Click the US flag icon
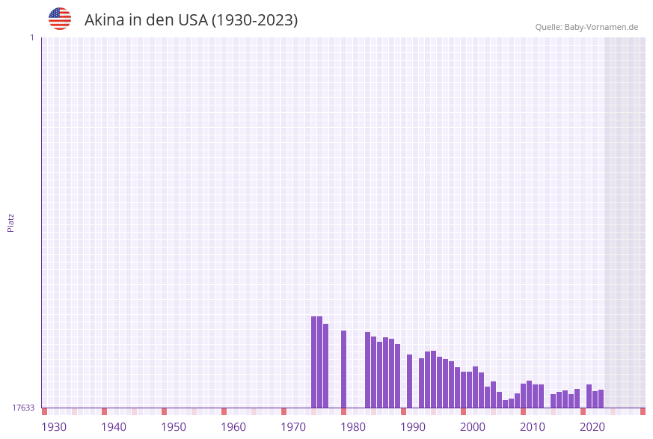tap(60, 19)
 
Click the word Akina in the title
tap(104, 20)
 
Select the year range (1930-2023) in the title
tap(254, 20)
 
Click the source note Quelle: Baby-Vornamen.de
tap(586, 27)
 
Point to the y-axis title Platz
tap(11, 222)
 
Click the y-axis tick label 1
tap(31, 37)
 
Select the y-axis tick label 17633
tap(23, 408)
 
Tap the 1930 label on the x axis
tap(54, 427)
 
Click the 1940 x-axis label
tap(114, 427)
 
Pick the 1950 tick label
tap(174, 427)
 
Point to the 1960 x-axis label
tap(233, 427)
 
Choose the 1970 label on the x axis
tap(293, 427)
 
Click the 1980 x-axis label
tap(353, 427)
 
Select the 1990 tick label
tap(413, 427)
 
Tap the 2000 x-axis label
tap(473, 427)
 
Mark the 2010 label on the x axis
tap(533, 427)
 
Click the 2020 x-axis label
tap(592, 427)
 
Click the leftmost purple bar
tap(314, 362)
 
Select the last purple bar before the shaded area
tap(601, 399)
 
